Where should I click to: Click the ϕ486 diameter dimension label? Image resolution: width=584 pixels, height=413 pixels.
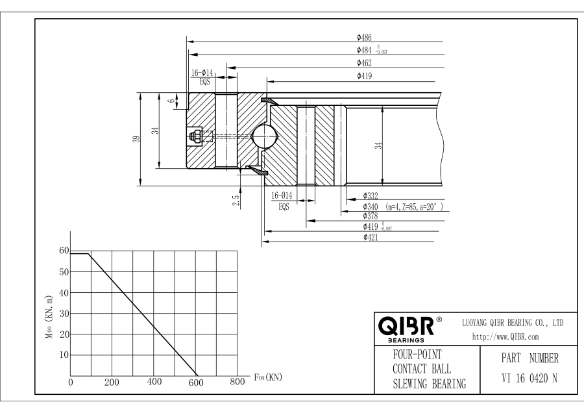tap(364, 37)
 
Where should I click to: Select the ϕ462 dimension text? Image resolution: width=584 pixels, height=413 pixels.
tap(364, 63)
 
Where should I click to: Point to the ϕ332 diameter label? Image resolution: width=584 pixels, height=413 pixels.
tap(371, 196)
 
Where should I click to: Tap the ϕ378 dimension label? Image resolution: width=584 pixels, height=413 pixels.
tap(371, 216)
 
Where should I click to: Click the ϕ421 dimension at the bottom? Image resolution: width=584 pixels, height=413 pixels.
tap(371, 238)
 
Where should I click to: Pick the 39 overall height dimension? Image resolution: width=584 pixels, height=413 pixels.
tap(137, 139)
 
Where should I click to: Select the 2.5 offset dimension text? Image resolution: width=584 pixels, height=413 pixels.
tap(236, 201)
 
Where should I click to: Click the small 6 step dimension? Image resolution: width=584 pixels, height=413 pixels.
tap(171, 101)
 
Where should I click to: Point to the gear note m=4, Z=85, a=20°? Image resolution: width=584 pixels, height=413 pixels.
tap(414, 207)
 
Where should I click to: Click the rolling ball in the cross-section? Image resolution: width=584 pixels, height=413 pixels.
tap(264, 136)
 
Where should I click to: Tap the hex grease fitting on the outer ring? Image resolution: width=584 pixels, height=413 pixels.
tap(195, 136)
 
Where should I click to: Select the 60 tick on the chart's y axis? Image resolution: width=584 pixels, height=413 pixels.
tap(64, 251)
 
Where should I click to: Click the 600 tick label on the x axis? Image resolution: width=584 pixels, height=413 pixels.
tap(196, 383)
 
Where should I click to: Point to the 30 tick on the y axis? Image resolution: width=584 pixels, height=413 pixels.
tap(64, 314)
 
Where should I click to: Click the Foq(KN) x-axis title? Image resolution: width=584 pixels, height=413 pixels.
tap(268, 377)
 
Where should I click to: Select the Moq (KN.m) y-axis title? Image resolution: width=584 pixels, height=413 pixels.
tap(49, 317)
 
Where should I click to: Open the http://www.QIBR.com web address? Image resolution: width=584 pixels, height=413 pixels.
tap(505, 337)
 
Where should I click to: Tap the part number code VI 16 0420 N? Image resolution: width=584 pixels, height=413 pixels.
tap(529, 379)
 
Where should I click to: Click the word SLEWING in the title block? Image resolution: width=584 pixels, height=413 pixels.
tap(410, 384)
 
